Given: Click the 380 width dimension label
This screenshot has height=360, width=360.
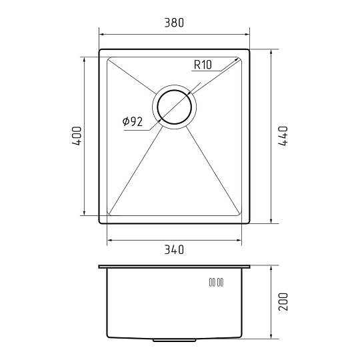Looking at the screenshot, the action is point(174,23).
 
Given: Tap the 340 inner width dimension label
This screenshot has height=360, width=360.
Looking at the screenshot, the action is point(174,249).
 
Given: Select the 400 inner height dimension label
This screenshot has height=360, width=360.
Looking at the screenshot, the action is point(77,136).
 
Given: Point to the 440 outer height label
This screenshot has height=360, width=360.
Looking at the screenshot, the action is point(283,136).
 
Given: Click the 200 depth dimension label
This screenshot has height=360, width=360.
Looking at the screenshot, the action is point(283,302).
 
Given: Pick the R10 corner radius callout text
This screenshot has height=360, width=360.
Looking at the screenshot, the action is point(203,65).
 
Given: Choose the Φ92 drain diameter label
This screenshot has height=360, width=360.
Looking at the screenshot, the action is point(133,121).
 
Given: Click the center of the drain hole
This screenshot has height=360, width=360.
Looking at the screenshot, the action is point(174,107).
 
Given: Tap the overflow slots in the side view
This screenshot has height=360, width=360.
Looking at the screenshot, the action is point(216,282).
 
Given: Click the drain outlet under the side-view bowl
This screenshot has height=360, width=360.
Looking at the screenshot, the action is point(174,340).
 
